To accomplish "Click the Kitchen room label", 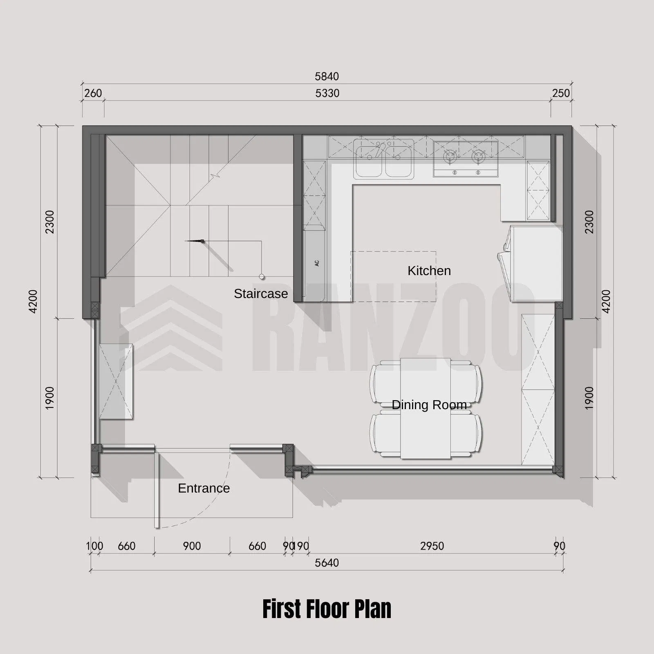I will pyautogui.click(x=429, y=271).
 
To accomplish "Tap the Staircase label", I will pyautogui.click(x=261, y=293).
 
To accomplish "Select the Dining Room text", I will pyautogui.click(x=429, y=405).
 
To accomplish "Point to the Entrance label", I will pyautogui.click(x=204, y=488).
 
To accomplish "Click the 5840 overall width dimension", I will pyautogui.click(x=327, y=76).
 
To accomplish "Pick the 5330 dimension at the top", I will pyautogui.click(x=327, y=93).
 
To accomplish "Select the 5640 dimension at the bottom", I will pyautogui.click(x=327, y=563).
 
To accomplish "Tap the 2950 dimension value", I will pyautogui.click(x=432, y=546).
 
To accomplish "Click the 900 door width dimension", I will pyautogui.click(x=192, y=546).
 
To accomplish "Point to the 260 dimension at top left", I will pyautogui.click(x=93, y=93).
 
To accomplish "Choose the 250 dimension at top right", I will pyautogui.click(x=561, y=93).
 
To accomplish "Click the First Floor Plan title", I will pyautogui.click(x=327, y=609).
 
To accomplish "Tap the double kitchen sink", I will pyautogui.click(x=384, y=159).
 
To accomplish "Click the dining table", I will pyautogui.click(x=426, y=408).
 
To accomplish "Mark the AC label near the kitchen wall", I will pyautogui.click(x=317, y=264).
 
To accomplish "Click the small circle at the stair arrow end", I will pyautogui.click(x=262, y=277).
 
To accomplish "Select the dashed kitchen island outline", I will pyautogui.click(x=394, y=277).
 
